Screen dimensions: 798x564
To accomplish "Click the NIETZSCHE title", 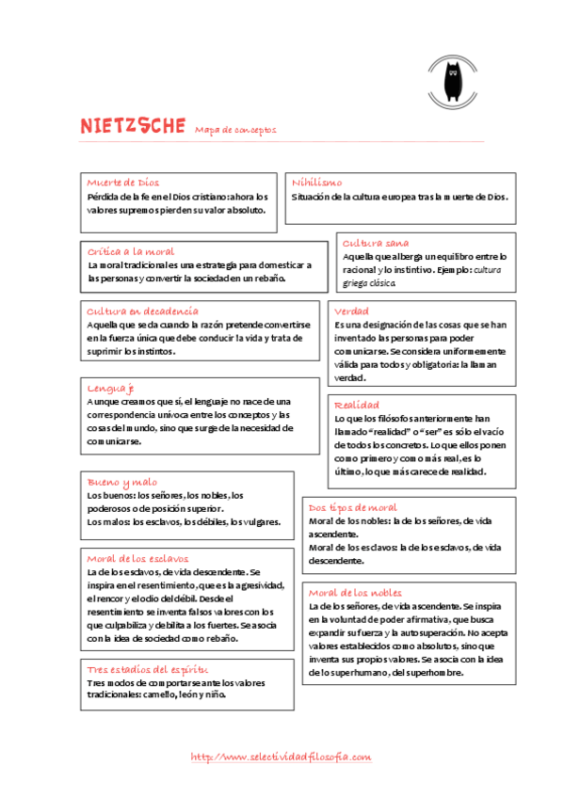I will (132, 126).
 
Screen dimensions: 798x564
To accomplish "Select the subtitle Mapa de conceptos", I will (236, 130).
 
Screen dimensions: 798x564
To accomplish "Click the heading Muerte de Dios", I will (123, 182).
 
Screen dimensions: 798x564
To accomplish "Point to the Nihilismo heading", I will (317, 183).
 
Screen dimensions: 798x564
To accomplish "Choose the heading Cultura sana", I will (376, 242).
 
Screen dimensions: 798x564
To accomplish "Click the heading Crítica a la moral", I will (131, 251).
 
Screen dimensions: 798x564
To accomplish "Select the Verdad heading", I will (351, 311).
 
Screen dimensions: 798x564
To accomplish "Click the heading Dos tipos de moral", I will (353, 507).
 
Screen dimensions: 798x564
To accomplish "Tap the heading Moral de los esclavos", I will (139, 557).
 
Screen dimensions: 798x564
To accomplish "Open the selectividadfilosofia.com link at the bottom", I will (282, 757).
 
